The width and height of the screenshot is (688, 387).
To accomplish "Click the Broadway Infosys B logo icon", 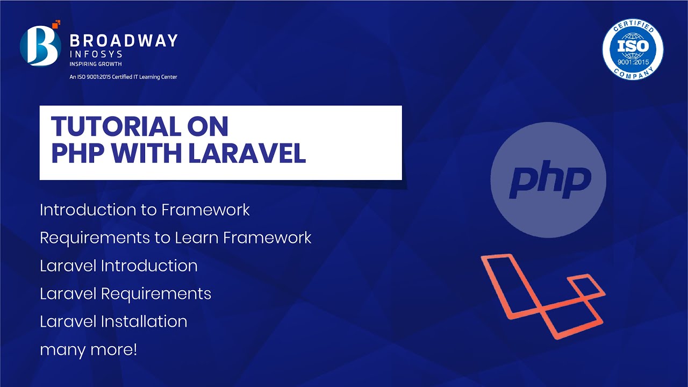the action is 40,46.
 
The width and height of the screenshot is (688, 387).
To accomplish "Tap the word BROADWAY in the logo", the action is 124,40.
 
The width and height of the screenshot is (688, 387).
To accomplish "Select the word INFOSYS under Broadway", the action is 96,54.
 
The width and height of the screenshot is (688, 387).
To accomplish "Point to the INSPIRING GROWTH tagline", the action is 96,64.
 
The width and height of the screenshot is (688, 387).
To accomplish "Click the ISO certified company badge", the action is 633,49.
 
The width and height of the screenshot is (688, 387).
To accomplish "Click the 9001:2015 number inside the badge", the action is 633,62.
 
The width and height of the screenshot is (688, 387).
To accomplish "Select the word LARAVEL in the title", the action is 247,153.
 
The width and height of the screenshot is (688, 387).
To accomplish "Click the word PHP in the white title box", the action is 78,153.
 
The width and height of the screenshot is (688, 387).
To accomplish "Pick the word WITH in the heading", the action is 146,153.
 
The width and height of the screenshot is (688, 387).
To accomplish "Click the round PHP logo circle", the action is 548,180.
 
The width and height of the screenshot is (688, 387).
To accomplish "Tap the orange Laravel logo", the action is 543,296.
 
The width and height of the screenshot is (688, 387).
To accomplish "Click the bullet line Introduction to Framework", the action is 145,210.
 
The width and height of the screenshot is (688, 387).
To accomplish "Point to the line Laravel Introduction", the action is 119,266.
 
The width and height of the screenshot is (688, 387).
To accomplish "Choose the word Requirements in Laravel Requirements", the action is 156,294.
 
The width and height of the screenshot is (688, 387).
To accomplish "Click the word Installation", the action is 144,321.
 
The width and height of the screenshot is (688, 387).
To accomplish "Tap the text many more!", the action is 89,350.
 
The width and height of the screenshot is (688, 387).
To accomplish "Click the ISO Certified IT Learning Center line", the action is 123,77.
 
